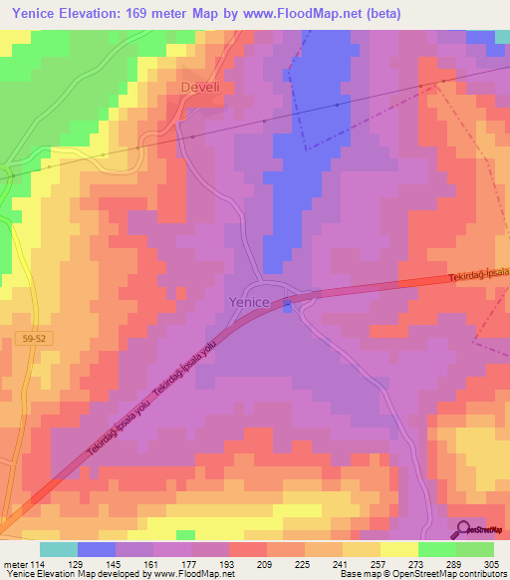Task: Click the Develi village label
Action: coord(200,88)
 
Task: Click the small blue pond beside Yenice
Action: coord(287,306)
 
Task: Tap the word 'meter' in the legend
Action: coord(15,562)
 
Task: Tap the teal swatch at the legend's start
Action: coord(59,549)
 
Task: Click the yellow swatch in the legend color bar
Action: coord(399,549)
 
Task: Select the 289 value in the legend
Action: coord(456,562)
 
